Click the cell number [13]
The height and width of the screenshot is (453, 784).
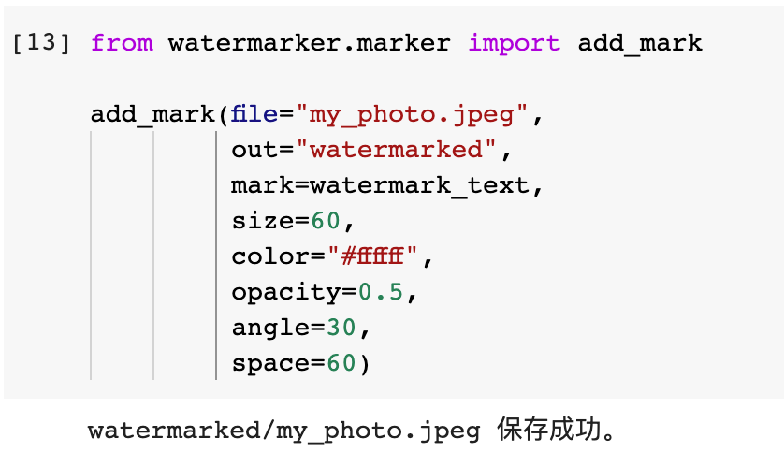tap(41, 44)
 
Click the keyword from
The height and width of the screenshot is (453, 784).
tap(121, 44)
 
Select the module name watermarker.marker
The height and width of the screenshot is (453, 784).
tap(310, 44)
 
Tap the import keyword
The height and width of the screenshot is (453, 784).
tap(514, 44)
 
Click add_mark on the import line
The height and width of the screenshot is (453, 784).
tap(640, 44)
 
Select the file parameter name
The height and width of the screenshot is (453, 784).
tap(254, 115)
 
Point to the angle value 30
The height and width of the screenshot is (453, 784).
tap(341, 328)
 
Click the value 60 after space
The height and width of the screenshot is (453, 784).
tap(341, 363)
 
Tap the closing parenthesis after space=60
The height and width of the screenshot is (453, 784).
tap(364, 363)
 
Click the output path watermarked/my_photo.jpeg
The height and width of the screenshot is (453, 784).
tap(284, 431)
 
